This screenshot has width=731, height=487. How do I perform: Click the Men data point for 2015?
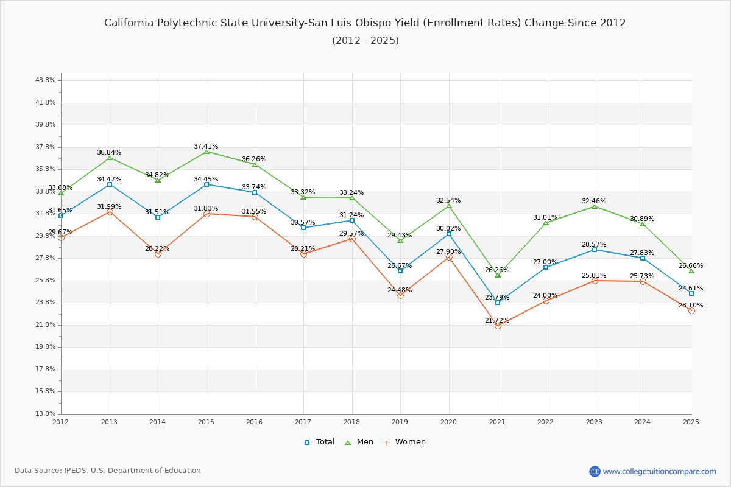[207, 152]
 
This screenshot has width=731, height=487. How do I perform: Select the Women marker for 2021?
[498, 326]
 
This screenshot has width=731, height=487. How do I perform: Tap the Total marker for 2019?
[400, 271]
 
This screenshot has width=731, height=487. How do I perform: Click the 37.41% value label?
[206, 146]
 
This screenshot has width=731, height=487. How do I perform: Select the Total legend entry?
[319, 442]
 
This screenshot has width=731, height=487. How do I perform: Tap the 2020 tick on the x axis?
[448, 421]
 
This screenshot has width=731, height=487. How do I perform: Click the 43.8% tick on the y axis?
[46, 80]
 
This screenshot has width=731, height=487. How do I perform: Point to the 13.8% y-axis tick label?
[46, 414]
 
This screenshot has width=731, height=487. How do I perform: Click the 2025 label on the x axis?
[691, 421]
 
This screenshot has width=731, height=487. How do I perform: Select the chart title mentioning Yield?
[365, 23]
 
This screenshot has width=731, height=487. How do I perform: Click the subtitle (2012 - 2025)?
[365, 41]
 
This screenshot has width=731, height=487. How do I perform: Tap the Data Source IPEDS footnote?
[108, 471]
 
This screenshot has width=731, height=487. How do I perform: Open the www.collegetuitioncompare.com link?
[659, 471]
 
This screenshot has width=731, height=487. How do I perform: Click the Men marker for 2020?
[449, 206]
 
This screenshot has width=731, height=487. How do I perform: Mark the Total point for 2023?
[595, 250]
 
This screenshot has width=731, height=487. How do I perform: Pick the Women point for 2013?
[110, 212]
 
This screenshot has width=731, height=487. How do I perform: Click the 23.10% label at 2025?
[690, 305]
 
